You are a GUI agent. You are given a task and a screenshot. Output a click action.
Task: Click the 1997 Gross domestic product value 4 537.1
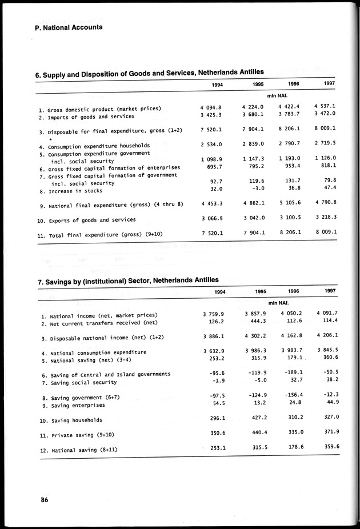click(325, 106)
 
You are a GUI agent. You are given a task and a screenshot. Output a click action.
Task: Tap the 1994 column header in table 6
click(217, 85)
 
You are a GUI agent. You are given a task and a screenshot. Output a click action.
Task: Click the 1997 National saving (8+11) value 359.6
click(327, 447)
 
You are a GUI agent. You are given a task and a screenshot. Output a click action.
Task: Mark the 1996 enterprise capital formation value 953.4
click(292, 167)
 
